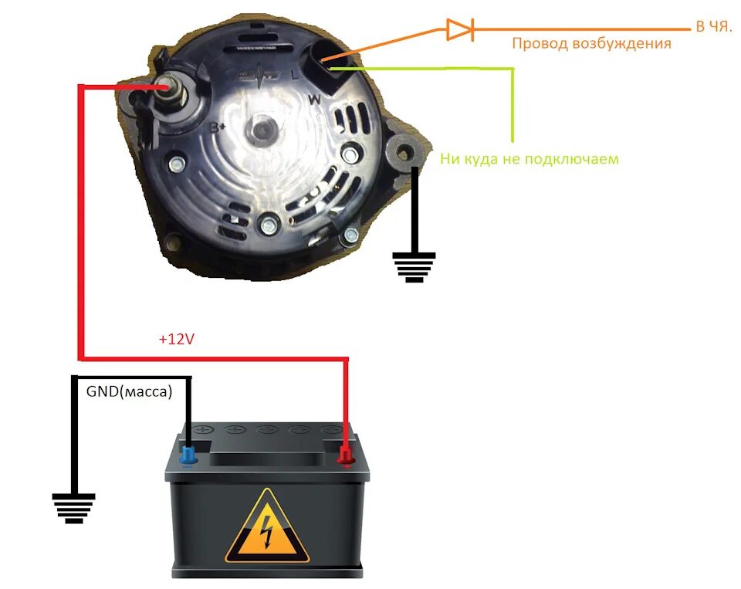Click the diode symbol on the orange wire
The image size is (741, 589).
click(459, 30)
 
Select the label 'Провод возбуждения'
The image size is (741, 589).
click(591, 44)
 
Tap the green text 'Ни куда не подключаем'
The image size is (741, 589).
click(530, 160)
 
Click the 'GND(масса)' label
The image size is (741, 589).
click(129, 391)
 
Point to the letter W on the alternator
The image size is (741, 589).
click(314, 100)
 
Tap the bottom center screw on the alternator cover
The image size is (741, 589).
click(269, 225)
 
